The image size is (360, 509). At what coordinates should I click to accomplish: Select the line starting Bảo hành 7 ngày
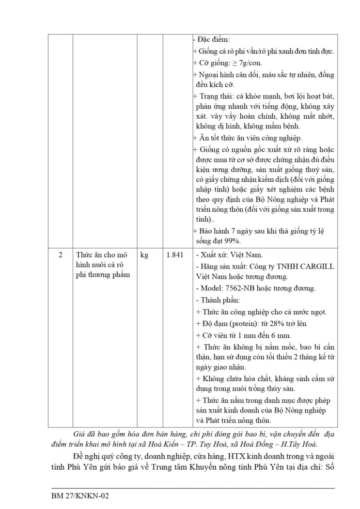[258, 231]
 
